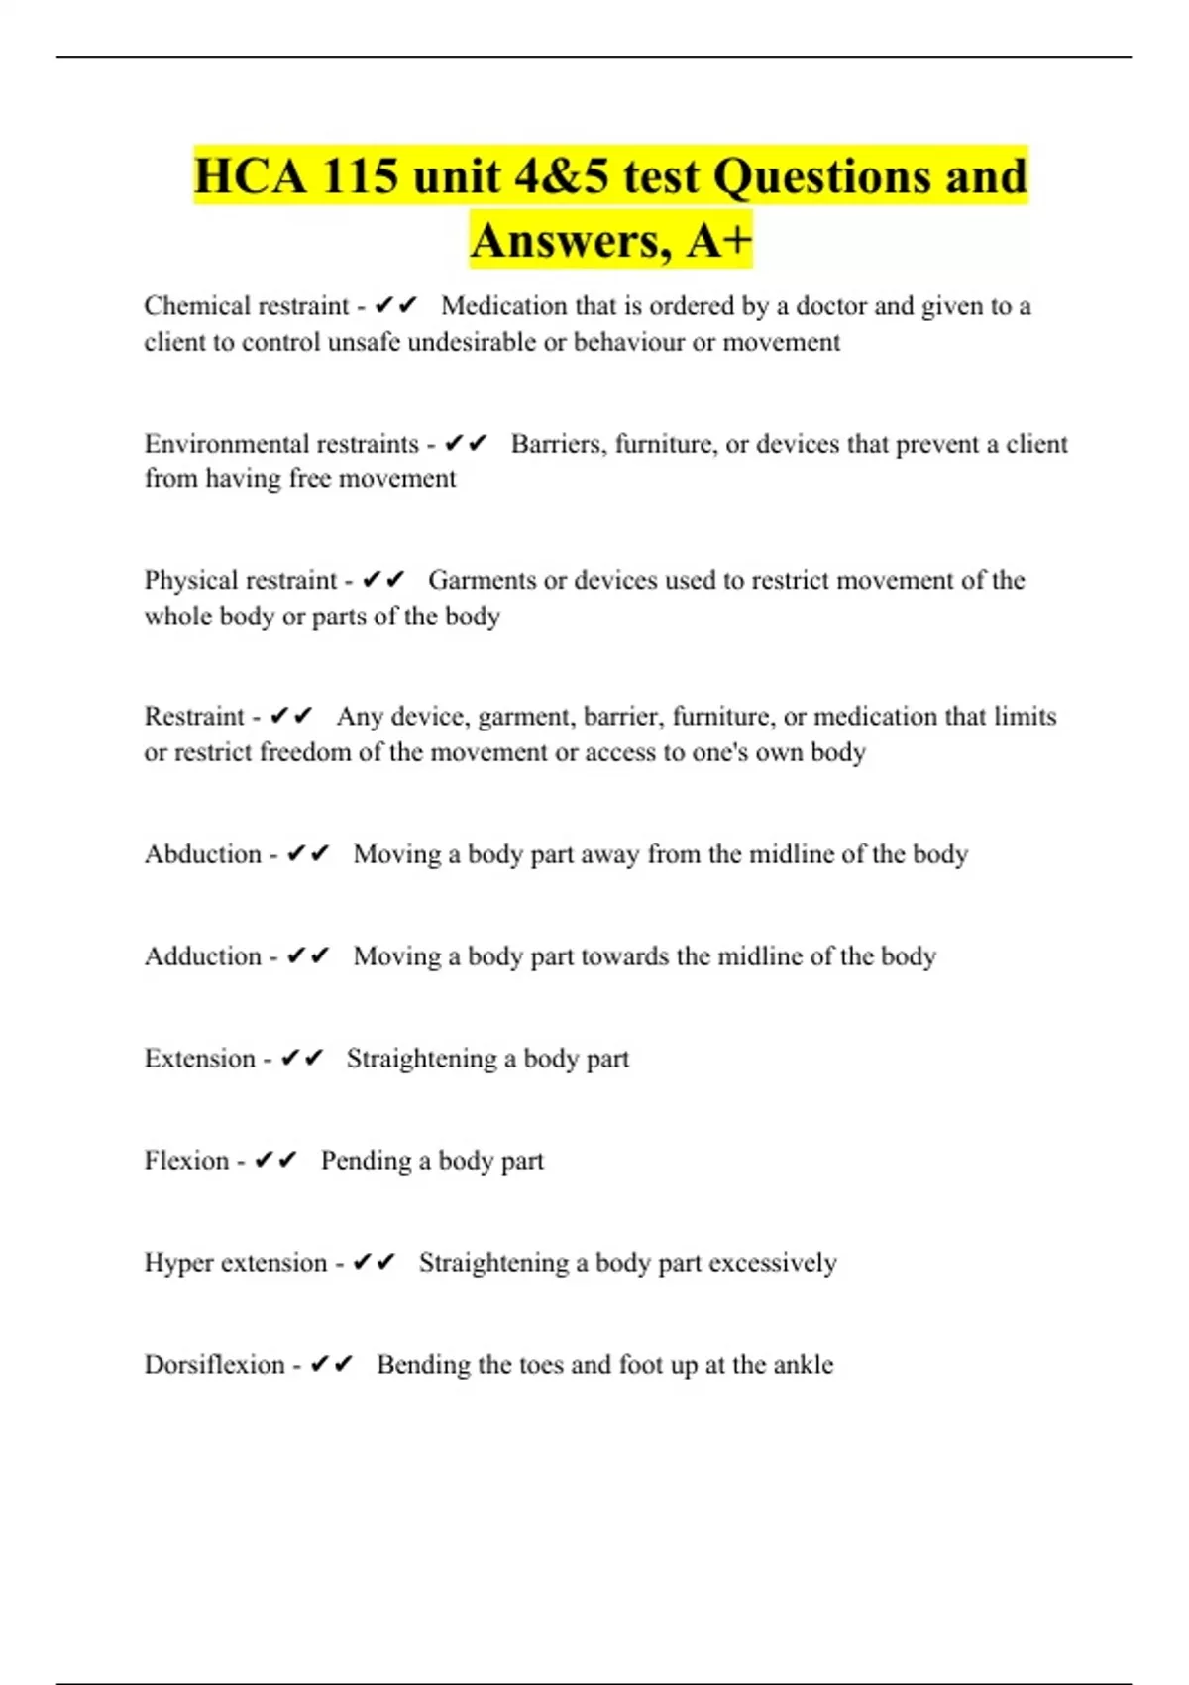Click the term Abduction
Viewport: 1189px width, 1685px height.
tap(203, 854)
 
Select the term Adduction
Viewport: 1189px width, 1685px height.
tap(203, 956)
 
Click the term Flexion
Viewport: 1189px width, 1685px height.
tap(186, 1161)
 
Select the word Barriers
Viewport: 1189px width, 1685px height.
tap(558, 444)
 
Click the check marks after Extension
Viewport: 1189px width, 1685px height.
tap(302, 1059)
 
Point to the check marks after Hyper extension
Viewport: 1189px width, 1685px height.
tap(375, 1263)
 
